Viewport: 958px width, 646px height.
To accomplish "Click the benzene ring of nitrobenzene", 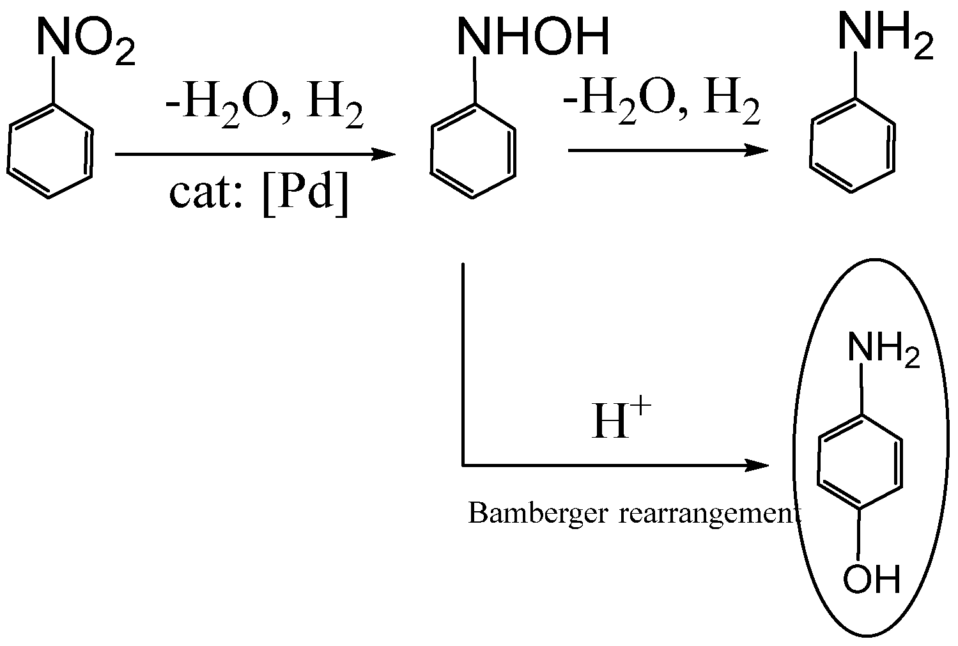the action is click(51, 150).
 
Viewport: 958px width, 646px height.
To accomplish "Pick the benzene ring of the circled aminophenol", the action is click(861, 463).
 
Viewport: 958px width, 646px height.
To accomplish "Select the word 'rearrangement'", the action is click(709, 514).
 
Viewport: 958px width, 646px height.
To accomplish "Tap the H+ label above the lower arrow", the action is click(621, 421).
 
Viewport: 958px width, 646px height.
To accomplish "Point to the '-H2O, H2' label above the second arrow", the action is click(661, 105).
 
